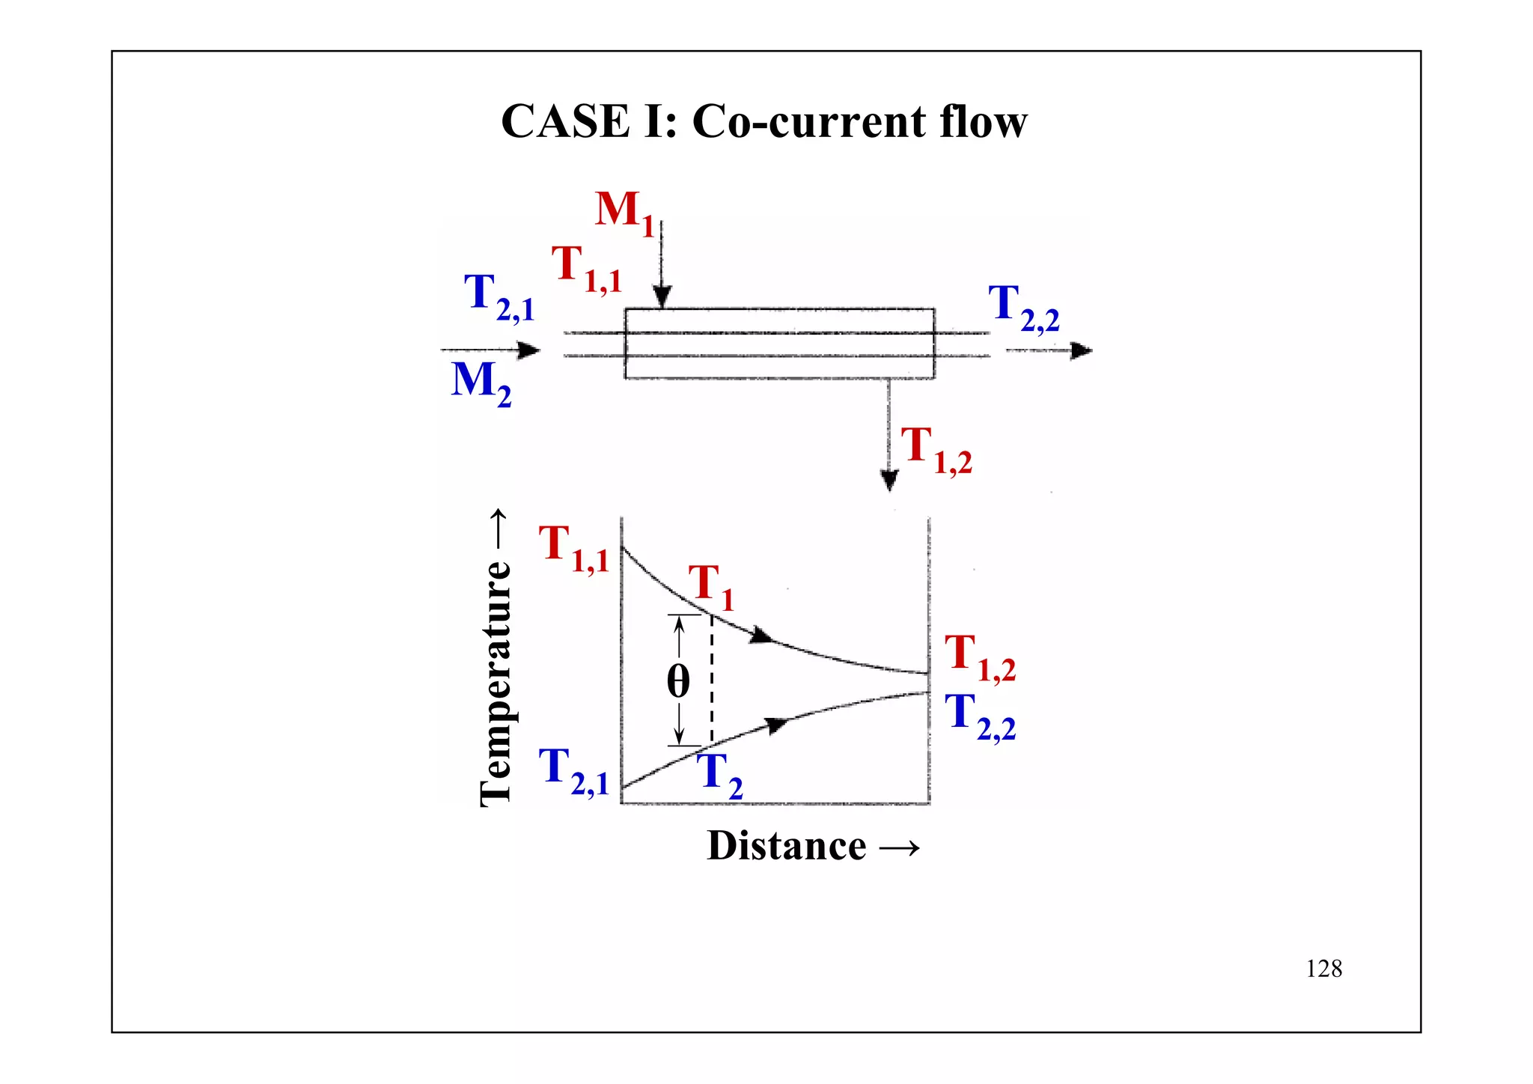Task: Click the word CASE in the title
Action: (565, 121)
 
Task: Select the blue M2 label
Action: (481, 382)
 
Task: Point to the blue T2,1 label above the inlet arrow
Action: (498, 296)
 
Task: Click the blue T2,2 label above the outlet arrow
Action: (1022, 307)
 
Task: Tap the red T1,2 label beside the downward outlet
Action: (935, 449)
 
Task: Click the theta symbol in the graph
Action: (678, 681)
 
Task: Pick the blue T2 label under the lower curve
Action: (722, 774)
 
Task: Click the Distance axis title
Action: (812, 846)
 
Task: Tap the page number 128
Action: (1323, 969)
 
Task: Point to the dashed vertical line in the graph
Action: (711, 681)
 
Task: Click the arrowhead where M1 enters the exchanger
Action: (662, 297)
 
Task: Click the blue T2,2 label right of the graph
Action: (979, 716)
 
